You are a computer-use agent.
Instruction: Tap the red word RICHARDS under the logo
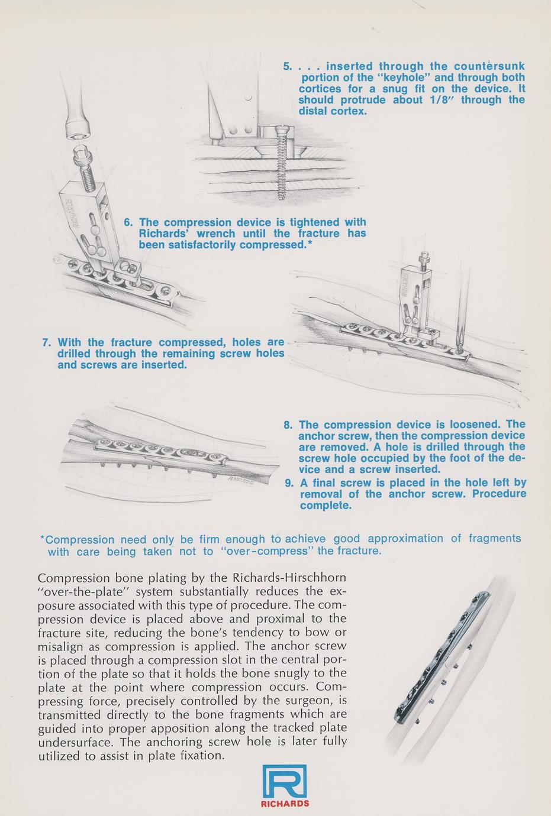(x=285, y=804)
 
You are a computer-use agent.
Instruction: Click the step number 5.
(x=287, y=67)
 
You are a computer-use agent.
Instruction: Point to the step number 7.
(x=46, y=343)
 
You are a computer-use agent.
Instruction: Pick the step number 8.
(x=288, y=425)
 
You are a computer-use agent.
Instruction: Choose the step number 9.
(x=289, y=483)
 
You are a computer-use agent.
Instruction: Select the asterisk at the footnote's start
(x=42, y=539)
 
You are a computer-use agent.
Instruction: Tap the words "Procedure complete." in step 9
(x=414, y=500)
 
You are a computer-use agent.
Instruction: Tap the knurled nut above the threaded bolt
(x=81, y=158)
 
